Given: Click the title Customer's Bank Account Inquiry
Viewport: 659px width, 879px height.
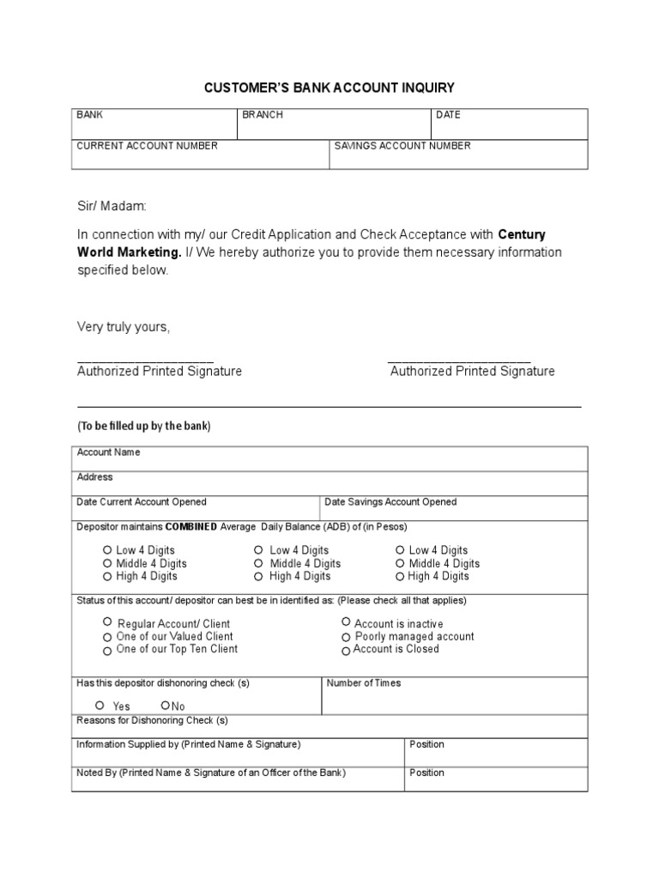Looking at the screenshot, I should click(x=329, y=88).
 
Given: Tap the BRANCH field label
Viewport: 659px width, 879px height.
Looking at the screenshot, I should click(x=262, y=115).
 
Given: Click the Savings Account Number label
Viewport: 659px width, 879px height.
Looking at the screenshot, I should click(x=402, y=146).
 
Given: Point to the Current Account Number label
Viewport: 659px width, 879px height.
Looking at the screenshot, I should click(x=147, y=146).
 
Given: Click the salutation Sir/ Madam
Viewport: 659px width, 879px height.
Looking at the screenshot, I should click(x=112, y=207).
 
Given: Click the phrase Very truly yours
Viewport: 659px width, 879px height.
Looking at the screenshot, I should click(x=124, y=328).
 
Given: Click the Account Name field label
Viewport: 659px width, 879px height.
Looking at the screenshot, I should click(x=108, y=452).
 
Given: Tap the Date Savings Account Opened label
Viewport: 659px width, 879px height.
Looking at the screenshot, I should click(x=390, y=502).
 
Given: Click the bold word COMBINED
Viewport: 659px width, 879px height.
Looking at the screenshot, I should click(x=190, y=526).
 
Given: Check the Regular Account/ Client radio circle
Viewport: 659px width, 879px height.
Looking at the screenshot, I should click(x=107, y=621).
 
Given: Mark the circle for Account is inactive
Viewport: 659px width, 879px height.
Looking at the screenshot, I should click(x=346, y=621).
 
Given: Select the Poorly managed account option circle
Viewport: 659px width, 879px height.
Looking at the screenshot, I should click(x=346, y=637).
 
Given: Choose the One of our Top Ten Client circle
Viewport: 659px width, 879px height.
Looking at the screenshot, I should click(x=107, y=651).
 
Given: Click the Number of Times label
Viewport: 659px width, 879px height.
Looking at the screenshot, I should click(x=364, y=683).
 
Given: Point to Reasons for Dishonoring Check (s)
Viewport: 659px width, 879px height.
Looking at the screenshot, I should click(x=153, y=720).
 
